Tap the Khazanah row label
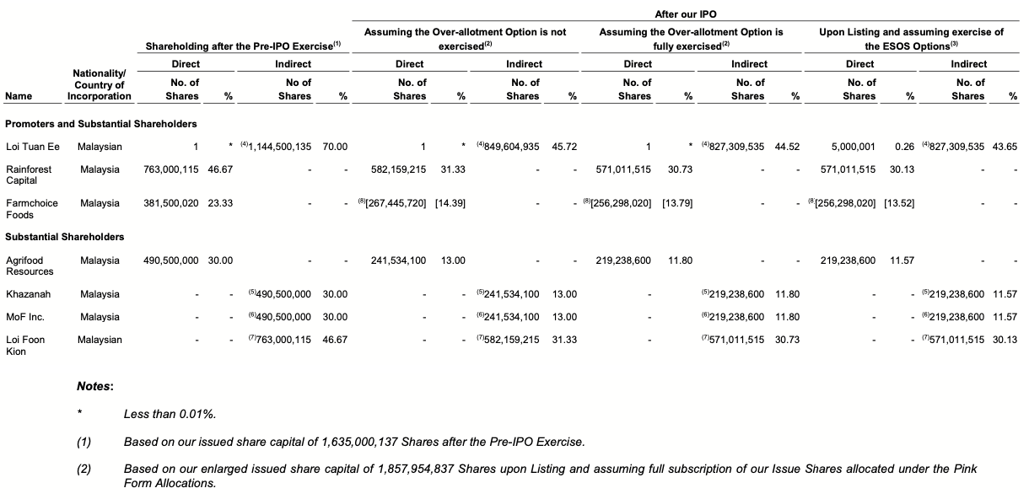point(28,294)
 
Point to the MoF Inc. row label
point(25,317)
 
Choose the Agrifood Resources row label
point(30,266)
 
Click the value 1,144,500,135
point(281,147)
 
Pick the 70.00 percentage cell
point(335,147)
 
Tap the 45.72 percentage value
point(563,147)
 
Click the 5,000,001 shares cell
point(850,147)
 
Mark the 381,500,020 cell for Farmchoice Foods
point(171,203)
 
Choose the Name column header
point(19,96)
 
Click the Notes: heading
point(95,386)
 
